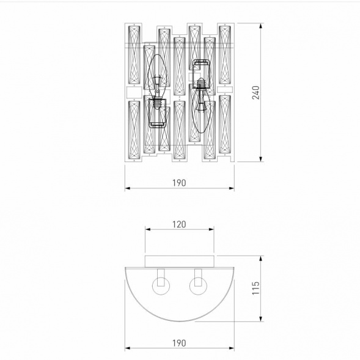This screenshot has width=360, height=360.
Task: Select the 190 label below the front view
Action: coord(179,182)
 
